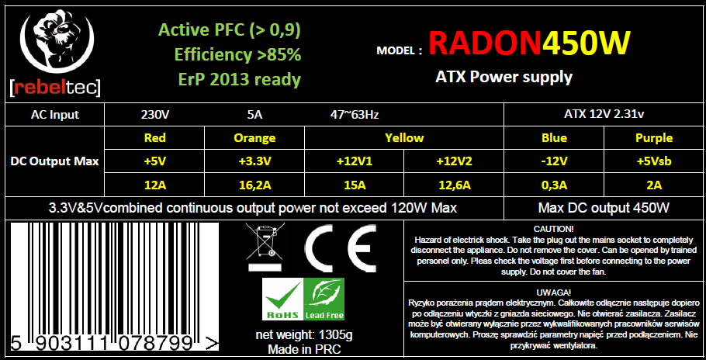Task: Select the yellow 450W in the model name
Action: click(x=587, y=43)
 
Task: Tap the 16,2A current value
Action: click(x=254, y=185)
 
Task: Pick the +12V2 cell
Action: click(x=454, y=161)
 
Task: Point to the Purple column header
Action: click(x=654, y=137)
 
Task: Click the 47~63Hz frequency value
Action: click(x=355, y=115)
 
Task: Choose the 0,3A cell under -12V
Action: click(x=554, y=185)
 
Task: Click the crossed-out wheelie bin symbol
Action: click(x=265, y=247)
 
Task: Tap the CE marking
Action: click(x=341, y=247)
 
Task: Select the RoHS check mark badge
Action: click(x=282, y=299)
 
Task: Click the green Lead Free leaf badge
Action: click(x=324, y=299)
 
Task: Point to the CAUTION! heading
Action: click(x=554, y=229)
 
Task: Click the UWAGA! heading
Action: click(x=554, y=292)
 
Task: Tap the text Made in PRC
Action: click(x=304, y=349)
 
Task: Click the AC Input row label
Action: click(x=55, y=115)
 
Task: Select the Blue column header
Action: click(x=554, y=137)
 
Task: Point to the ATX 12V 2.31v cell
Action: click(x=604, y=114)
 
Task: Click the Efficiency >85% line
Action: click(x=237, y=55)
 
